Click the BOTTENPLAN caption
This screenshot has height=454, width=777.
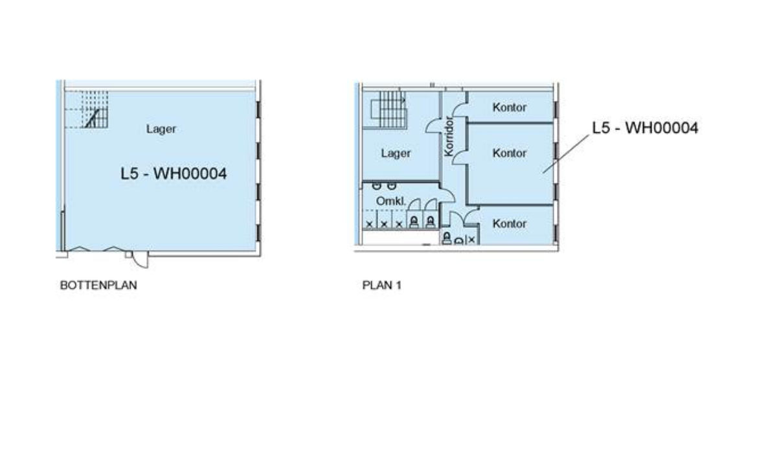coord(98,285)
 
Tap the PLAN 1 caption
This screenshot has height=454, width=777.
coord(382,285)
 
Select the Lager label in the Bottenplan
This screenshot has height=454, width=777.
coord(161,129)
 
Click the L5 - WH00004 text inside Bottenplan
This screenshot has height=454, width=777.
coord(174,174)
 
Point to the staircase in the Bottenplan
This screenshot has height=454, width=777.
coord(95,109)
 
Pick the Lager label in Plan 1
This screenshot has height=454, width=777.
coord(396,153)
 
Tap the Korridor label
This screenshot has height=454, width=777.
coord(449,136)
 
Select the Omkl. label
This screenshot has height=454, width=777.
coord(391,201)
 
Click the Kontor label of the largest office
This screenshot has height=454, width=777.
coord(509,153)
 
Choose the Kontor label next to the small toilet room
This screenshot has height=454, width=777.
coord(509,223)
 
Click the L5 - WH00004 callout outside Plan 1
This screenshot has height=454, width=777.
coord(645,128)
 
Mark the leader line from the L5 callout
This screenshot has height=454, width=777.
coord(566,153)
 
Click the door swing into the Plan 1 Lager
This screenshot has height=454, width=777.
coord(434,126)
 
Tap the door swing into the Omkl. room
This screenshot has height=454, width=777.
coord(447,195)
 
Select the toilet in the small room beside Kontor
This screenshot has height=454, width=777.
coord(447,238)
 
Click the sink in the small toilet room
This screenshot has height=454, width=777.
coord(459,241)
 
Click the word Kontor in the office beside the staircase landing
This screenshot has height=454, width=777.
coord(509,107)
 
